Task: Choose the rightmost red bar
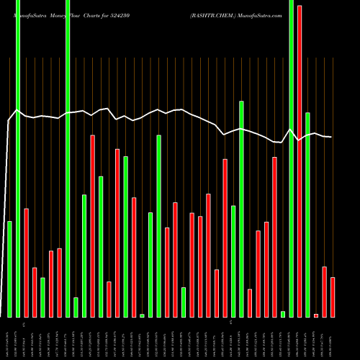click(x=333, y=297)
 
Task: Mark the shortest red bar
click(x=316, y=315)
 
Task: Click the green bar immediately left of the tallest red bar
click(x=291, y=158)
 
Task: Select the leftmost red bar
click(x=27, y=263)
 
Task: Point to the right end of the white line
click(x=331, y=137)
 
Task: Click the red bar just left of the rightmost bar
click(x=324, y=292)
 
